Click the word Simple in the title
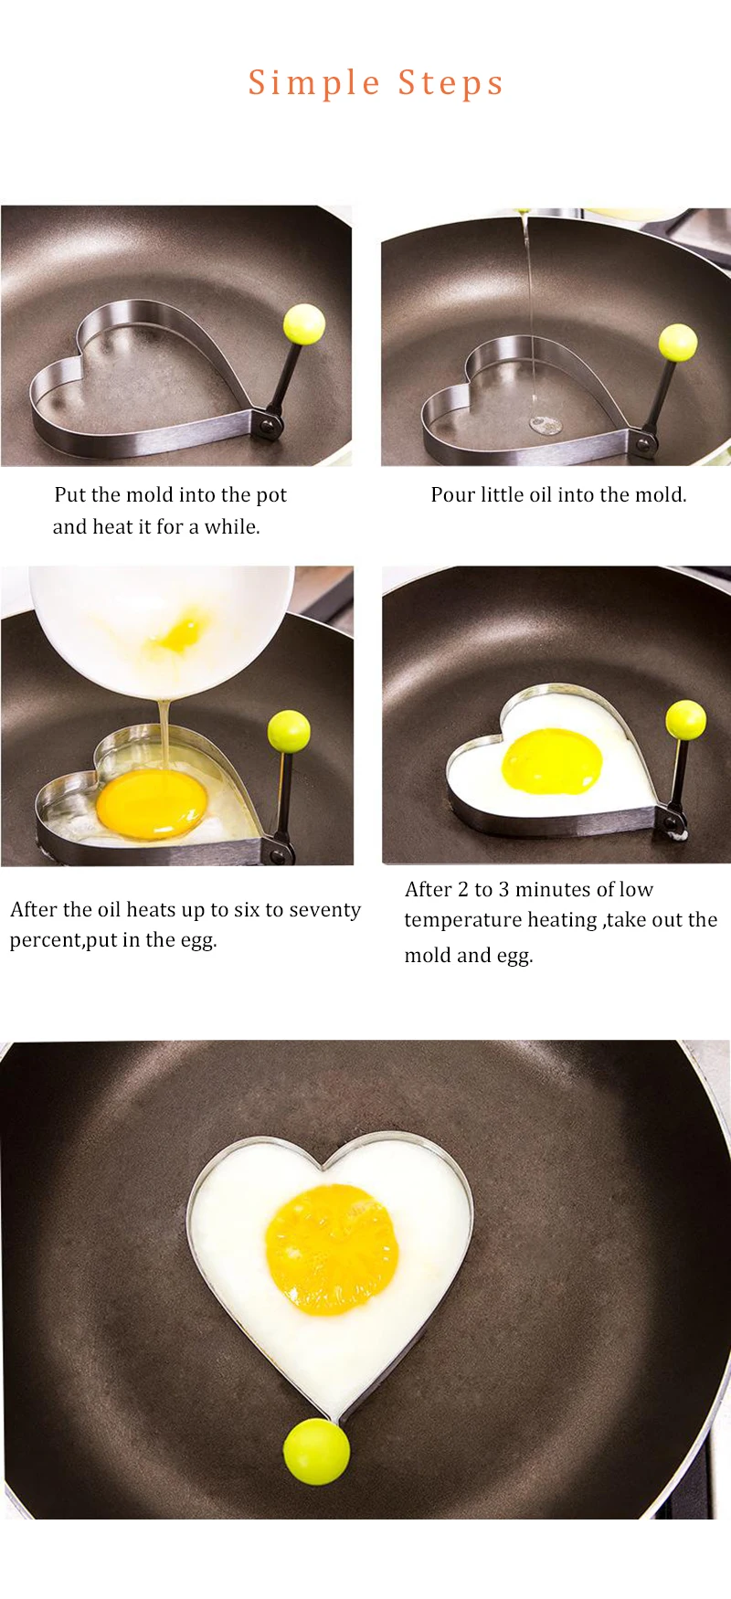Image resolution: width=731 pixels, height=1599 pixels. click(x=314, y=84)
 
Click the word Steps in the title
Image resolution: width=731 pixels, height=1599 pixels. click(x=450, y=84)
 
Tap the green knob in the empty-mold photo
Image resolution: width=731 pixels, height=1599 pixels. click(x=304, y=323)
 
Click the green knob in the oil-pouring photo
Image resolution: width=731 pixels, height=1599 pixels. click(x=678, y=343)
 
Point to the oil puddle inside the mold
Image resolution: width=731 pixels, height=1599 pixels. click(x=546, y=424)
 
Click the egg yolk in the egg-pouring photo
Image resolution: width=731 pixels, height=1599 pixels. click(x=152, y=803)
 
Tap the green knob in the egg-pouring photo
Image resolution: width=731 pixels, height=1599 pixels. click(x=289, y=731)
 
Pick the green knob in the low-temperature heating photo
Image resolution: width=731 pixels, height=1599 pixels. click(x=685, y=720)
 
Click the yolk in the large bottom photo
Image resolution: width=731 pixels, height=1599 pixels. click(x=332, y=1248)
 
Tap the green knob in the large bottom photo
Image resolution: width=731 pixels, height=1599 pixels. click(x=316, y=1451)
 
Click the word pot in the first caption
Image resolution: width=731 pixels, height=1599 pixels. click(x=271, y=495)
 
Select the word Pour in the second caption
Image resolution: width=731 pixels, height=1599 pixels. click(x=453, y=494)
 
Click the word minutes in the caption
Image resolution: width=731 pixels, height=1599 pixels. click(x=536, y=889)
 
